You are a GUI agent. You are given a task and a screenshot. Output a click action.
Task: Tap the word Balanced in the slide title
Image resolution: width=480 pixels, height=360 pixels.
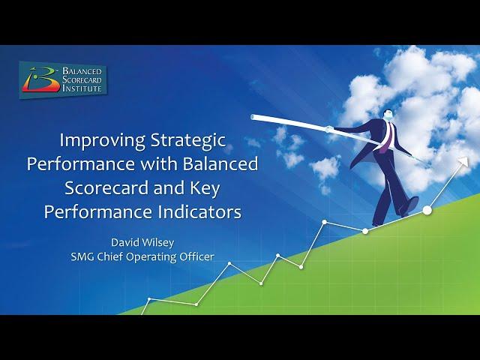tap(220, 163)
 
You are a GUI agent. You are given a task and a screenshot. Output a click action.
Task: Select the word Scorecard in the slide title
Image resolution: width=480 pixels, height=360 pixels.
tap(106, 187)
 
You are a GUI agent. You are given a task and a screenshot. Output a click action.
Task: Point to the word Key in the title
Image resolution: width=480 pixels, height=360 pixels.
tap(205, 189)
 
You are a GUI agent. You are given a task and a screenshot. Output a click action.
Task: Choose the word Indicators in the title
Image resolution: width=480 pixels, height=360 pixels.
tap(202, 211)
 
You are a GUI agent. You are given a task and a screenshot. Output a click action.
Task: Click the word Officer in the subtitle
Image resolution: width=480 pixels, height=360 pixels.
tap(196, 256)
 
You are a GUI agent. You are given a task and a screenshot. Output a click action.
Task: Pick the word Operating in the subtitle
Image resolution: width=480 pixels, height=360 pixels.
tap(151, 257)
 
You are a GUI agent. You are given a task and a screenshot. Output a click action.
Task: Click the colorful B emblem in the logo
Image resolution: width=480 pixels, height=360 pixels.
tap(40, 79)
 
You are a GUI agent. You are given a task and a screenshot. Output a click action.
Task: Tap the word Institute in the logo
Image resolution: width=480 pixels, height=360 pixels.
tap(82, 88)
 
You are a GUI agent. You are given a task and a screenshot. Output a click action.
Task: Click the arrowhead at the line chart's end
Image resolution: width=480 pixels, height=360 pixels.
tap(464, 162)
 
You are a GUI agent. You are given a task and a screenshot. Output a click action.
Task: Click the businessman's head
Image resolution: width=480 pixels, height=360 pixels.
tap(387, 115)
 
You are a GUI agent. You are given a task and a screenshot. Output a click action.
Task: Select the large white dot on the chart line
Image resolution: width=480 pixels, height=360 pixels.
tap(427, 210)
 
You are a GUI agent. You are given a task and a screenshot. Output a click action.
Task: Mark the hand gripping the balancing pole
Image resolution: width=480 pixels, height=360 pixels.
tap(328, 129)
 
